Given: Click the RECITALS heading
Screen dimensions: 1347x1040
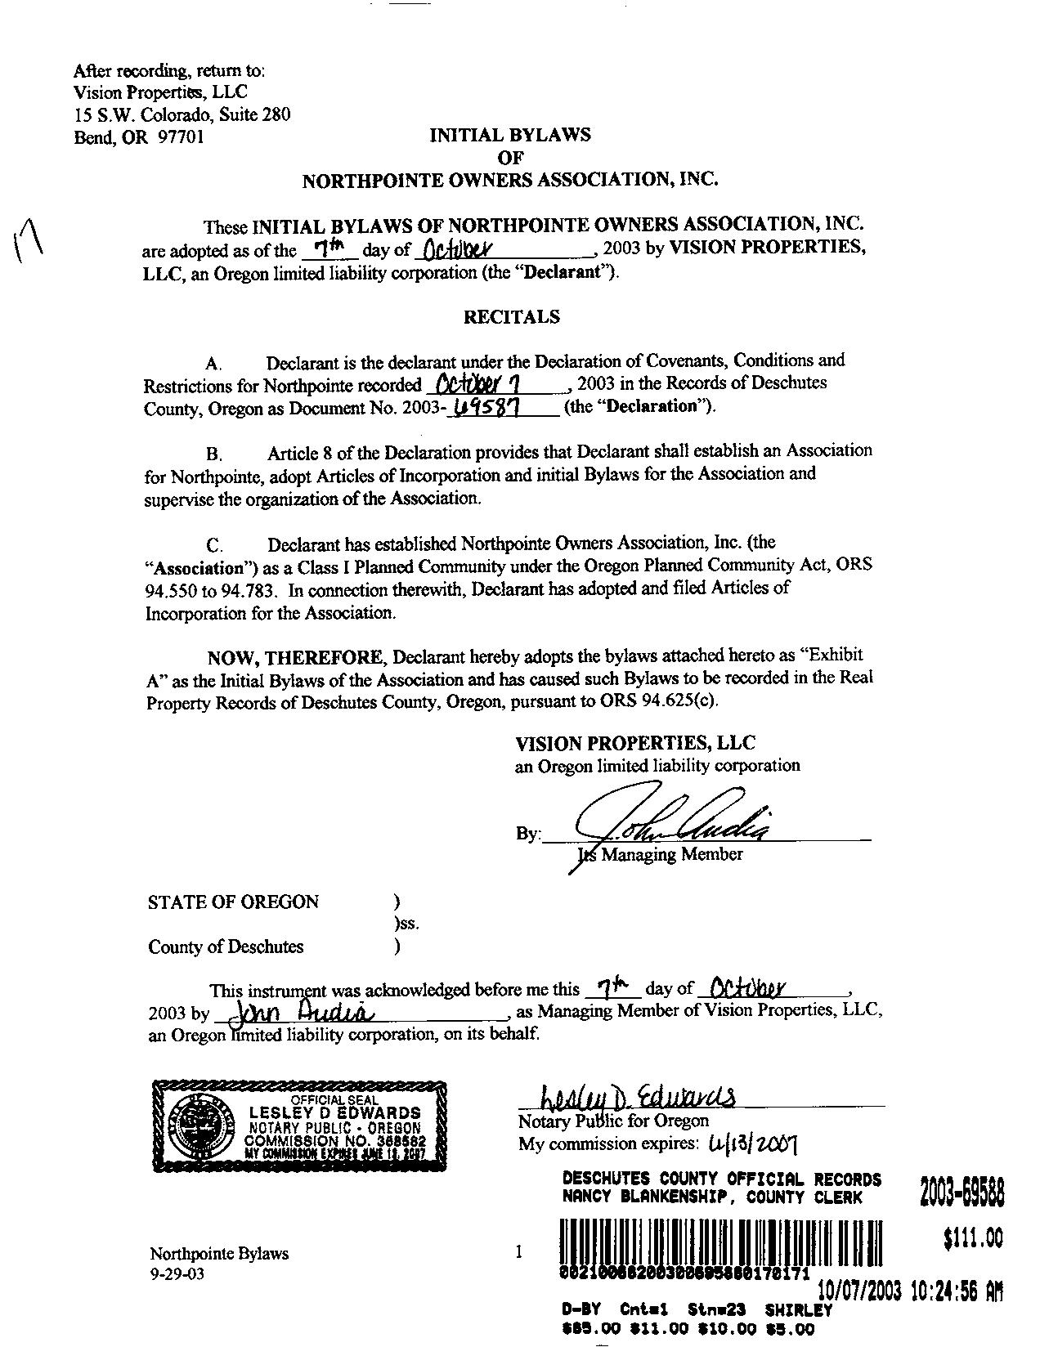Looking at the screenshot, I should click(512, 317).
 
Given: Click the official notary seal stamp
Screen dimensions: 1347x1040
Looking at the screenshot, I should click(299, 1127).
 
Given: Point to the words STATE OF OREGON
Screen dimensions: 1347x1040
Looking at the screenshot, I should click(233, 902).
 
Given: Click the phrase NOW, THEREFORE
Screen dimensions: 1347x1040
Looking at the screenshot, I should click(294, 657).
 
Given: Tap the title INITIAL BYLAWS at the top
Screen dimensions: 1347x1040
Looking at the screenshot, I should click(510, 136).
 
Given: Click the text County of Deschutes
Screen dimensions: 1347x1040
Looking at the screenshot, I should click(226, 946).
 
